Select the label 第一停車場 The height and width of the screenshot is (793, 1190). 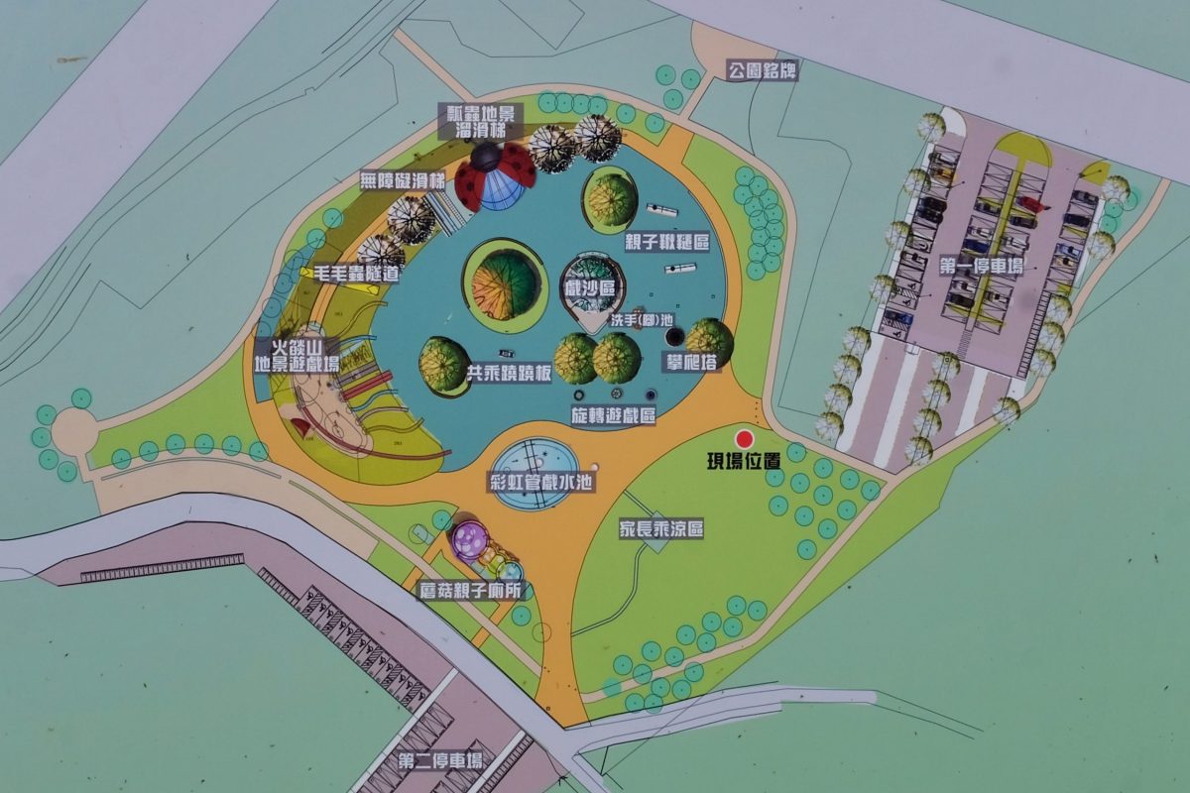987,266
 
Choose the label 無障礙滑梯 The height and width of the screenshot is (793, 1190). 403,181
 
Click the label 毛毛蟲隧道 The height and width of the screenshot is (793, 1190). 356,273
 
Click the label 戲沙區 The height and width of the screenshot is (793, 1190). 590,288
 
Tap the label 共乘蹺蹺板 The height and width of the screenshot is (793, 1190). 508,377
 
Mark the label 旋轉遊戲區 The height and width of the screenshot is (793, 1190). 613,415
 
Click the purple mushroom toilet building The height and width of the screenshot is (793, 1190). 470,542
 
